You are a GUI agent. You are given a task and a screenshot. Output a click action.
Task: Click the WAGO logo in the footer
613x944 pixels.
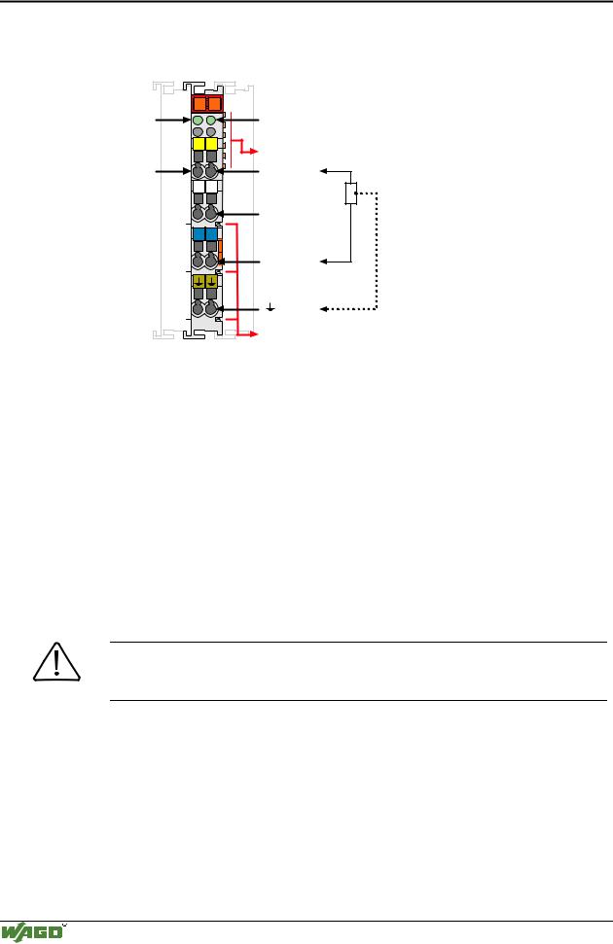pyautogui.click(x=33, y=932)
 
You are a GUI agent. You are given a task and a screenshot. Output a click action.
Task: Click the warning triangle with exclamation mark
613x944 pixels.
pyautogui.click(x=56, y=662)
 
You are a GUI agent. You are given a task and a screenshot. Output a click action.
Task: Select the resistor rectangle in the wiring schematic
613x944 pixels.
pyautogui.click(x=351, y=193)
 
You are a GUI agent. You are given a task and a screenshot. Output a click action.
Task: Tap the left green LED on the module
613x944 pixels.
pyautogui.click(x=198, y=121)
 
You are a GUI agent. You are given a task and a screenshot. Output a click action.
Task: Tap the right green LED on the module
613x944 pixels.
pyautogui.click(x=211, y=121)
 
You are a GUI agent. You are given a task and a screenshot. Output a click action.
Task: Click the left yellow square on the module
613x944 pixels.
pyautogui.click(x=198, y=144)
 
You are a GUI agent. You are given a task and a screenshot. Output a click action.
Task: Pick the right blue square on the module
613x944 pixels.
pyautogui.click(x=211, y=233)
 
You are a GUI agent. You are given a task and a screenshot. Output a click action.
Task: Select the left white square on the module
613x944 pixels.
pyautogui.click(x=198, y=186)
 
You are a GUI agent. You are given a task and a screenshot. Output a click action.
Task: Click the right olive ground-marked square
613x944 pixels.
pyautogui.click(x=211, y=281)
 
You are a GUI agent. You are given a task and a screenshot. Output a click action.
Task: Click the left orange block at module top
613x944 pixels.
pyautogui.click(x=198, y=104)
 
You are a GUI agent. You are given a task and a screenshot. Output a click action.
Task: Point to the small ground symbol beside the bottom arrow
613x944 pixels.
pyautogui.click(x=270, y=307)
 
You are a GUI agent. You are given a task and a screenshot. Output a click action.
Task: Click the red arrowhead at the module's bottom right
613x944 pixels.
pyautogui.click(x=254, y=333)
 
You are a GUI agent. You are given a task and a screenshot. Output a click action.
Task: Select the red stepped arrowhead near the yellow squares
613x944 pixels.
pyautogui.click(x=254, y=151)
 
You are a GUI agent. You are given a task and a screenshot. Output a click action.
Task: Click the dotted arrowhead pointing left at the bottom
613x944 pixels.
pyautogui.click(x=323, y=309)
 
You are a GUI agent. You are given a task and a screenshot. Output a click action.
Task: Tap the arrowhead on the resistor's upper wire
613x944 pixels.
pyautogui.click(x=323, y=171)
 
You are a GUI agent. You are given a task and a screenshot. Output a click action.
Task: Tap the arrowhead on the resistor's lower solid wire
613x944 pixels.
pyautogui.click(x=323, y=262)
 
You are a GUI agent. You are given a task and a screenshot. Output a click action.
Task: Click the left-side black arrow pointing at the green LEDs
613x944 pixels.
pyautogui.click(x=173, y=121)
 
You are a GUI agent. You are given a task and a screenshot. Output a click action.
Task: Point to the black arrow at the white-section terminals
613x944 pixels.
pyautogui.click(x=237, y=214)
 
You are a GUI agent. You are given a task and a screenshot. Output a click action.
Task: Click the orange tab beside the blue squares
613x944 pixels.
pyautogui.click(x=221, y=251)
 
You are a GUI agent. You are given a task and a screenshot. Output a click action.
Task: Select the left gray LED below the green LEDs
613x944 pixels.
pyautogui.click(x=198, y=131)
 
